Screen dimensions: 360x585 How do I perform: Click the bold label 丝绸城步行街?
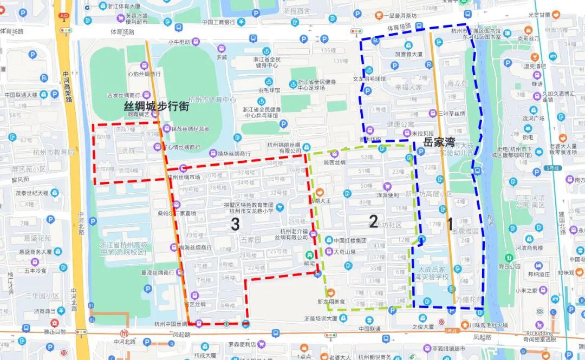(157, 106)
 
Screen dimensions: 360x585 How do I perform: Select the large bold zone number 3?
(235, 225)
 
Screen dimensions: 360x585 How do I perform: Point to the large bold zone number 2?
(373, 220)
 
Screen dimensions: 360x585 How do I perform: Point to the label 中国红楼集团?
(350, 241)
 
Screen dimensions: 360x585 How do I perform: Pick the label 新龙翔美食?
(331, 302)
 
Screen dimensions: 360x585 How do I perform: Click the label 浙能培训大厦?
(321, 318)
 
